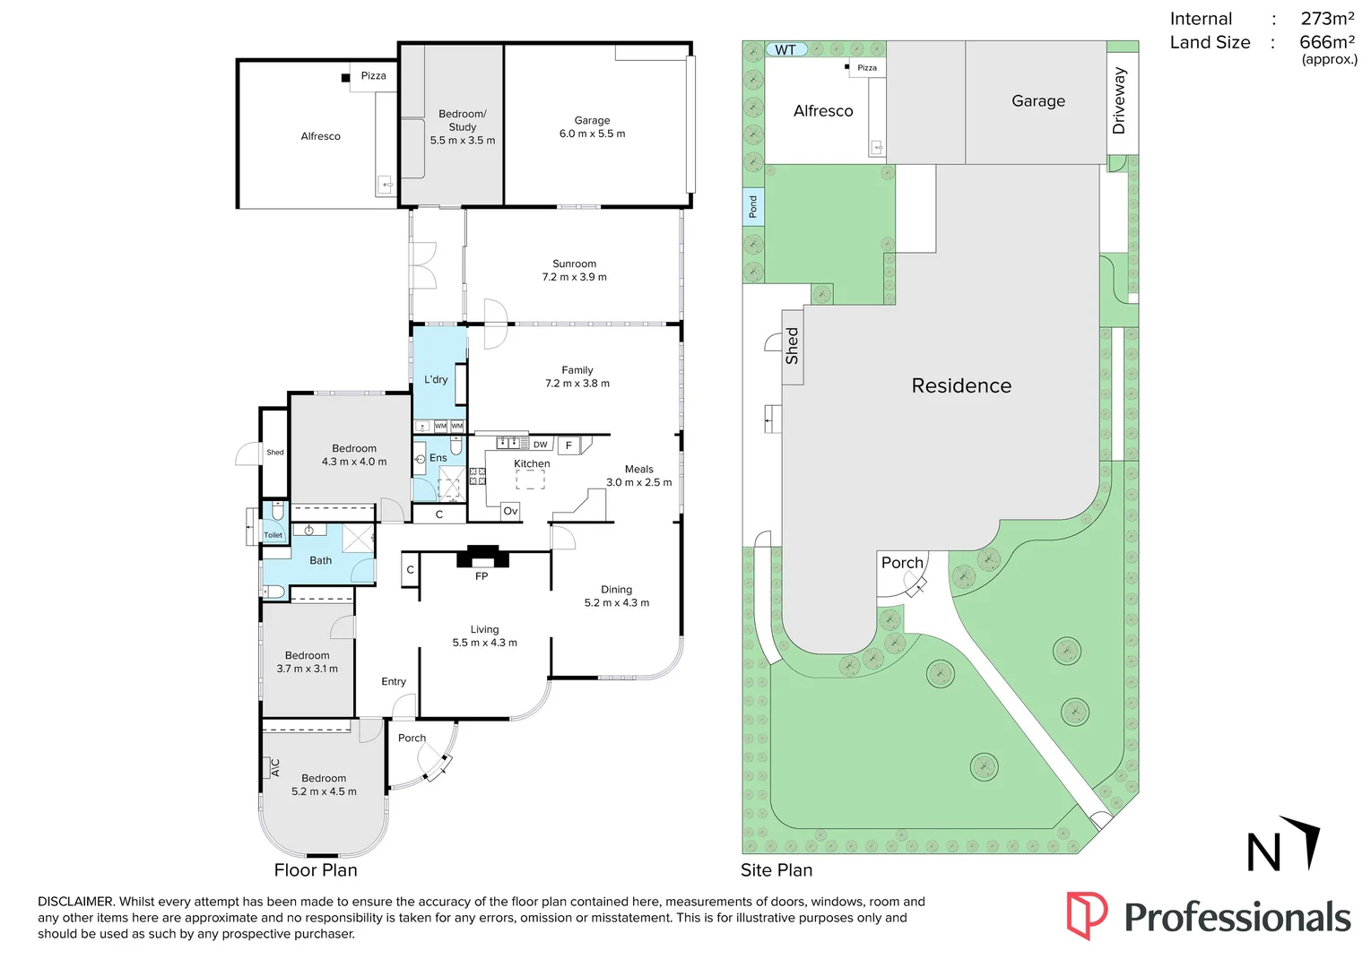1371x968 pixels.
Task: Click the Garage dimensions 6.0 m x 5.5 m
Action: pos(592,134)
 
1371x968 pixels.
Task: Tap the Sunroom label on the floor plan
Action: pos(574,264)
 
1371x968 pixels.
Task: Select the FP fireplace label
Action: pos(482,576)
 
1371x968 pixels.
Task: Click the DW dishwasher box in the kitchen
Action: pos(541,445)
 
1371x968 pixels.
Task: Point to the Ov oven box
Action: pos(510,512)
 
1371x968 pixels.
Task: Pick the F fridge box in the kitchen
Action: pos(569,445)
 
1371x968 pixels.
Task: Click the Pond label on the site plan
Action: pos(753,207)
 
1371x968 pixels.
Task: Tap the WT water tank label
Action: pos(785,49)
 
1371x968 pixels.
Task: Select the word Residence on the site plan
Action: pos(961,385)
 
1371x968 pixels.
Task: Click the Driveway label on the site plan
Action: pos(1119,101)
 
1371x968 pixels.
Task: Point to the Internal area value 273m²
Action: pos(1328,19)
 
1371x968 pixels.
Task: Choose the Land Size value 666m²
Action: pos(1327,42)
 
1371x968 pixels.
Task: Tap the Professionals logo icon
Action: pos(1087,915)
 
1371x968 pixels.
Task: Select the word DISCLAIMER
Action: pos(76,902)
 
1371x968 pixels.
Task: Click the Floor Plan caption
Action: pos(316,870)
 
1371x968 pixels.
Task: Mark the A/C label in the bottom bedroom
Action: pos(275,768)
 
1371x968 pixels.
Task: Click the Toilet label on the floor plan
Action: pos(273,535)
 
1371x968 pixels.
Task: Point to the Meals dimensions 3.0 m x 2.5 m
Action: pos(639,482)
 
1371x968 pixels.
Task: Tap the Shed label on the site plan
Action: pos(792,346)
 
